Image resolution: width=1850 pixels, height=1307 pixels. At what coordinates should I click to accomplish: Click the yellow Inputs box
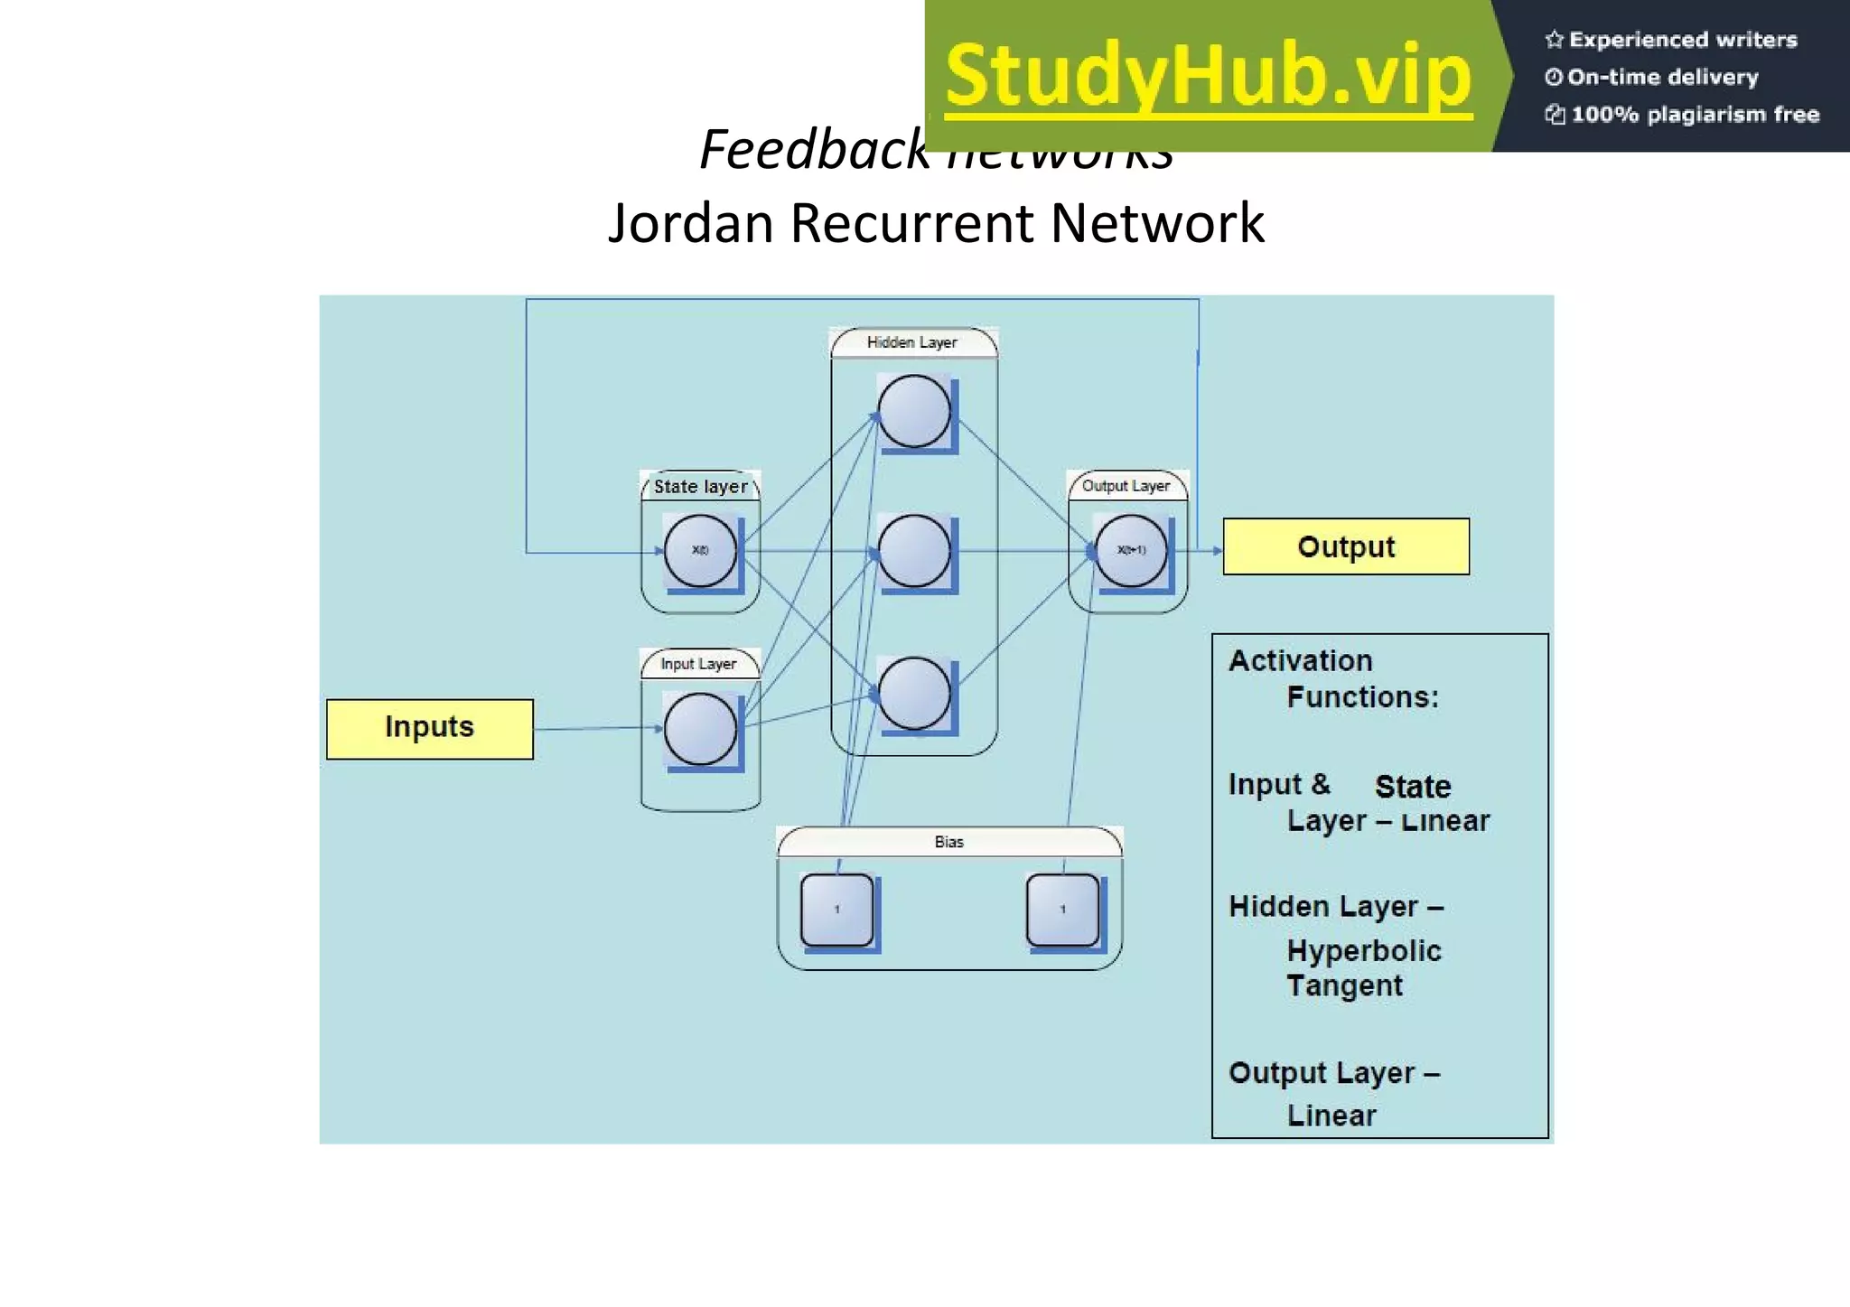pyautogui.click(x=429, y=728)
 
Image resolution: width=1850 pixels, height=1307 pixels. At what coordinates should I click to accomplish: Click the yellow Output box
pyautogui.click(x=1345, y=546)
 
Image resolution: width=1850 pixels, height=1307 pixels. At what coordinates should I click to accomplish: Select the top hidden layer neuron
pyautogui.click(x=914, y=412)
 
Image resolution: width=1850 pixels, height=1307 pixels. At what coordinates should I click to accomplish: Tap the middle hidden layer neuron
pyautogui.click(x=914, y=551)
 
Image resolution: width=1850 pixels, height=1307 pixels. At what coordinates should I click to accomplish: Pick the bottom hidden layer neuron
pyautogui.click(x=914, y=694)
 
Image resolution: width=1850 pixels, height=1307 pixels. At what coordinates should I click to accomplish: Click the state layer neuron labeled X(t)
pyautogui.click(x=700, y=551)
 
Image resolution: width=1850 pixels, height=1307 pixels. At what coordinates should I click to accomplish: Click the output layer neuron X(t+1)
pyautogui.click(x=1130, y=551)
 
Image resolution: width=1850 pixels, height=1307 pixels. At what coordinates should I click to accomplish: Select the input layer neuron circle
pyautogui.click(x=700, y=729)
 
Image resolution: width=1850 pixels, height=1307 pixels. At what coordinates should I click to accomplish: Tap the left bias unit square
pyautogui.click(x=837, y=910)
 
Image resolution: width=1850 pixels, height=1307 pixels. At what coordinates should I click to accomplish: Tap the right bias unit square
pyautogui.click(x=1063, y=910)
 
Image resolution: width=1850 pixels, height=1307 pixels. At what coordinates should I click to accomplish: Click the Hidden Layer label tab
pyautogui.click(x=912, y=343)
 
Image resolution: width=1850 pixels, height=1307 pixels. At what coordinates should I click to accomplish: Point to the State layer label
pyautogui.click(x=701, y=487)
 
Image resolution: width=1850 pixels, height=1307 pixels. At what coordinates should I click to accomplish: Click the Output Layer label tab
pyautogui.click(x=1126, y=486)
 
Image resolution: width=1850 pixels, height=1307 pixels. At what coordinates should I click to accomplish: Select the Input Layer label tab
pyautogui.click(x=698, y=665)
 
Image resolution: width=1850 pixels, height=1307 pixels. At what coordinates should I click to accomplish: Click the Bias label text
pyautogui.click(x=948, y=842)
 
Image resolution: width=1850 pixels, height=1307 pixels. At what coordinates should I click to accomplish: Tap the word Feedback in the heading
pyautogui.click(x=813, y=150)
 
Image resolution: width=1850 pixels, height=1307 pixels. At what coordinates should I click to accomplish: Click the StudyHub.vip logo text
pyautogui.click(x=1209, y=77)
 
